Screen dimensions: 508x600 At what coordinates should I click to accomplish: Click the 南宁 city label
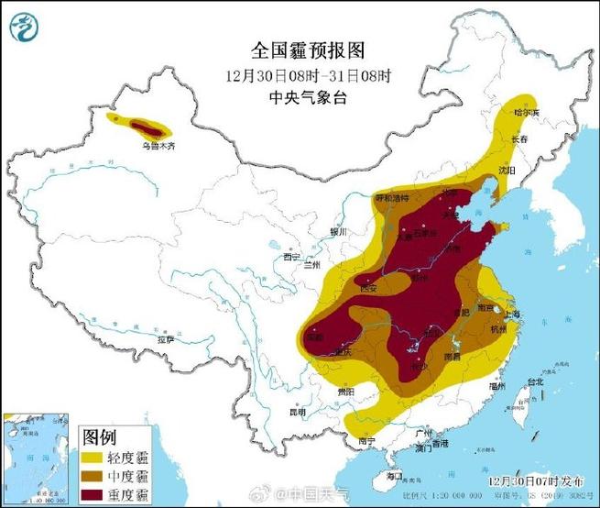[366, 441]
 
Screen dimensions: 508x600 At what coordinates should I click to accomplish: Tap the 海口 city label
[395, 477]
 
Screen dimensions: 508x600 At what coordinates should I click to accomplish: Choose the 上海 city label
[511, 314]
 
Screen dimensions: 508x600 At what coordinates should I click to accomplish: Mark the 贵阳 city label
[345, 392]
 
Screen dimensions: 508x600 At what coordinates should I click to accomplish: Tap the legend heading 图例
[99, 436]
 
